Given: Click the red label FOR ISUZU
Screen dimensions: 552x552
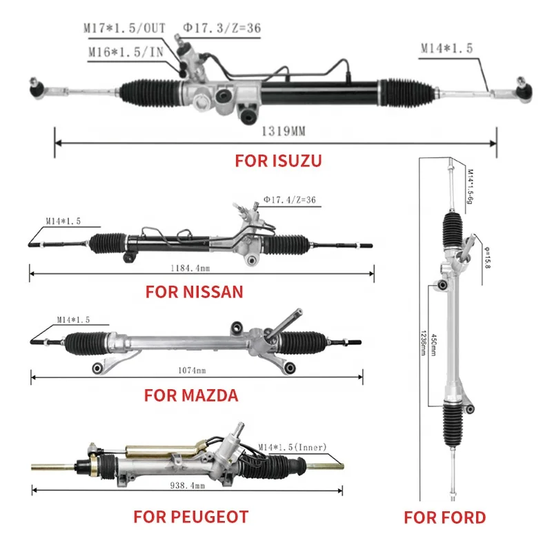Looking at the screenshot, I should (x=278, y=161).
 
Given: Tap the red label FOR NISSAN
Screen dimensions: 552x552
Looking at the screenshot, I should (x=194, y=291).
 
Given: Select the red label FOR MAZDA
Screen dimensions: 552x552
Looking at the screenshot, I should (x=191, y=395).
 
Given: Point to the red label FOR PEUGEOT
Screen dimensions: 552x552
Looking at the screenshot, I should (x=190, y=516).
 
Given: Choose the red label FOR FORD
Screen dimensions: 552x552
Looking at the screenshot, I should (x=444, y=517).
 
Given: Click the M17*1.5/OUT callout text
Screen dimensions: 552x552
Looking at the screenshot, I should (x=124, y=28).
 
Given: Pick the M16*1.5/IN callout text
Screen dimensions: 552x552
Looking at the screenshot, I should (x=126, y=52).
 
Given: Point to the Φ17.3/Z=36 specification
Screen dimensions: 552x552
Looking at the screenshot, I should (x=221, y=28).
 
